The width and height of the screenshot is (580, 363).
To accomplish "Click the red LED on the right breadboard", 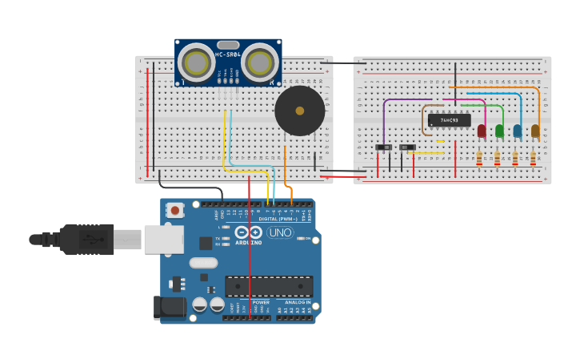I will point(482,131).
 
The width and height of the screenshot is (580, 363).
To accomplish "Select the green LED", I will point(499,131).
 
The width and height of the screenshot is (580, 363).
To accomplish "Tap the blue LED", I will point(518,131).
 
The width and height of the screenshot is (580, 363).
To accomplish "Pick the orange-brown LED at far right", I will point(535,131).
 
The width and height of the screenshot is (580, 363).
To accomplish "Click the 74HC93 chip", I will point(449,120).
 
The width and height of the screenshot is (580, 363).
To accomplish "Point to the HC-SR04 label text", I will point(228,54).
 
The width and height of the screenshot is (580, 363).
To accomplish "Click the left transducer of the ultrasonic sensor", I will point(195,62).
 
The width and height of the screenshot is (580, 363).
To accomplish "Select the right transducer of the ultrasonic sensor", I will point(260,62).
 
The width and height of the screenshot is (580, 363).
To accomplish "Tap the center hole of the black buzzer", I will point(300,111).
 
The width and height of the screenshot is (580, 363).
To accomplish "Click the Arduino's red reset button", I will point(174,210).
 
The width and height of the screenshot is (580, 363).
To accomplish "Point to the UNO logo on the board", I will point(279,232).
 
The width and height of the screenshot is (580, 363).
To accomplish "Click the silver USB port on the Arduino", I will point(163,240).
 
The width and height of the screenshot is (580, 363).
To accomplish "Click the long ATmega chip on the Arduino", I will point(269,286).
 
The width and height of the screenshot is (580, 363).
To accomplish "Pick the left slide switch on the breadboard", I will point(384,147).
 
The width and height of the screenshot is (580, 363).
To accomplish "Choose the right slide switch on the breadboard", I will point(407,147).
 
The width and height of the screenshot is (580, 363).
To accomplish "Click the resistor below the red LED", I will point(479,159).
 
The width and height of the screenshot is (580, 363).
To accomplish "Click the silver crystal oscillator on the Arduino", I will point(203,263).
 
